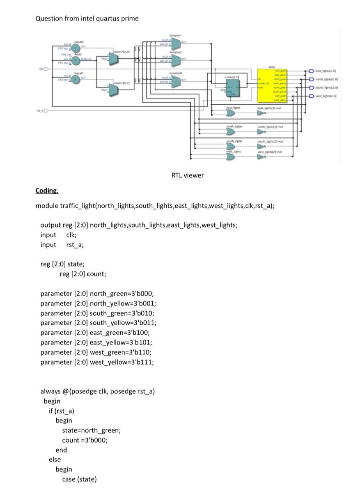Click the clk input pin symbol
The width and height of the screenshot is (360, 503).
(46, 69)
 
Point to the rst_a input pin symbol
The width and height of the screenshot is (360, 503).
(46, 110)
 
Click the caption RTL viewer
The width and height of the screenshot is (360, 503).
(187, 175)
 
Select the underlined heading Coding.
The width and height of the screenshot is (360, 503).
(47, 191)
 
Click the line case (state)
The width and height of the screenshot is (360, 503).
(79, 479)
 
